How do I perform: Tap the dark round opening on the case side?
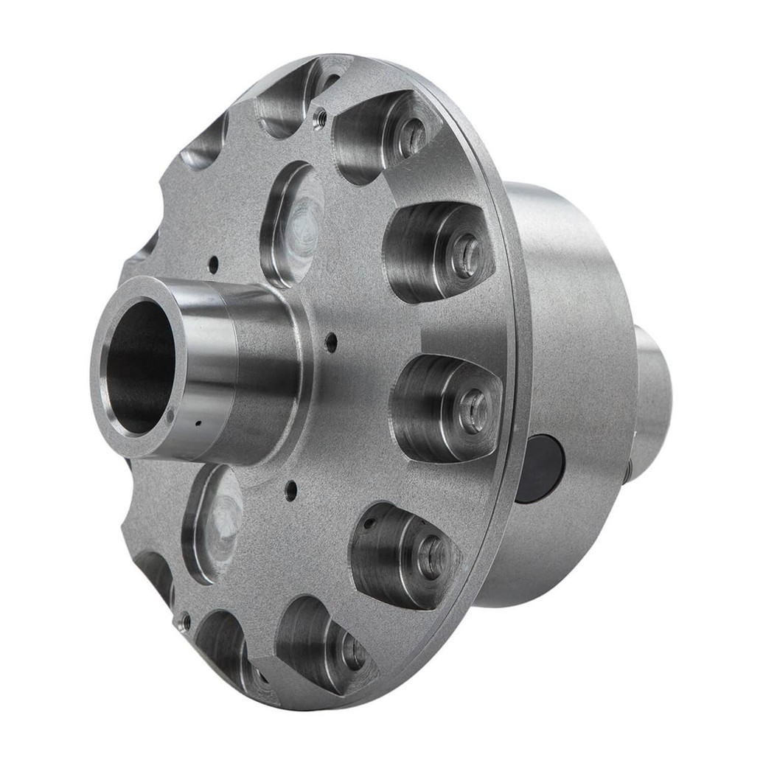point(540,468)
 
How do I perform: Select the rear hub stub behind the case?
point(652,405)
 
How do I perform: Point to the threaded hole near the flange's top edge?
point(319,115)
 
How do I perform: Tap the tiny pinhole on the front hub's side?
point(198,424)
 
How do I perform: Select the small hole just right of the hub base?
point(331,341)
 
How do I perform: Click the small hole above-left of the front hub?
point(213,262)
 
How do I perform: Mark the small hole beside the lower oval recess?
point(292,487)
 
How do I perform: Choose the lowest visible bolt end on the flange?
point(352,652)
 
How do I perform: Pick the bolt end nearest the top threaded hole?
point(411,136)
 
